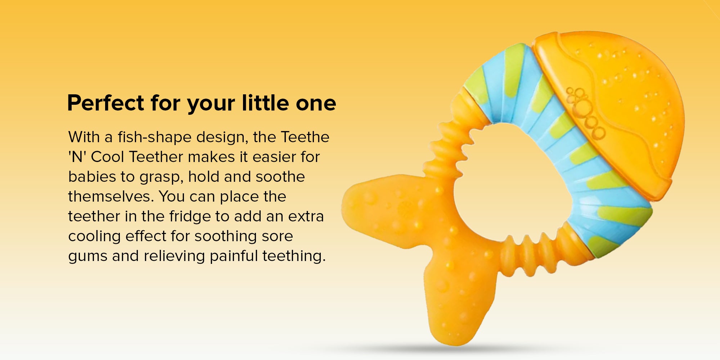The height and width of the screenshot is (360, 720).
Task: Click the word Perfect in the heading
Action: [x=106, y=103]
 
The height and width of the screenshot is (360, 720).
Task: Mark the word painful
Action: [x=234, y=256]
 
